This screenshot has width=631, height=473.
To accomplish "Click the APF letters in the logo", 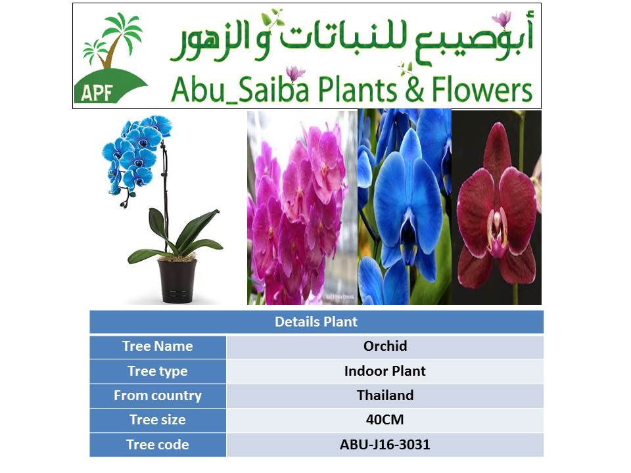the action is (x=97, y=93).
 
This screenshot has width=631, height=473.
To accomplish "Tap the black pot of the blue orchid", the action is (x=177, y=281).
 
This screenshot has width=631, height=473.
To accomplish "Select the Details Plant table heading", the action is (x=316, y=322).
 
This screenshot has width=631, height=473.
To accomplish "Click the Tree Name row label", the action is (x=158, y=346).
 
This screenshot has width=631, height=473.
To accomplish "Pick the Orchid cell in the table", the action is (x=385, y=346).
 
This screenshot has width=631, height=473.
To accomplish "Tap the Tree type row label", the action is (x=158, y=371).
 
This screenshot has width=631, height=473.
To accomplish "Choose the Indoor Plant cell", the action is (x=385, y=371).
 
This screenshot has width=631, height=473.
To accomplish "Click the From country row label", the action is (x=158, y=395).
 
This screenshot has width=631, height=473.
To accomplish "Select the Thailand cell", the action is (x=385, y=395).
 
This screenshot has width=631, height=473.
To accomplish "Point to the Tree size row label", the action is (x=158, y=420).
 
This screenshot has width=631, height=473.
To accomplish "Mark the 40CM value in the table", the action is (x=385, y=420).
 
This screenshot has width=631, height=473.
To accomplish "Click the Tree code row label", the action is (x=158, y=445).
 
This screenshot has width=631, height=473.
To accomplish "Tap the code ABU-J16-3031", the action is (x=385, y=445).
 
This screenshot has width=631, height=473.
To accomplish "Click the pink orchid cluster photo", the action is (x=302, y=208).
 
